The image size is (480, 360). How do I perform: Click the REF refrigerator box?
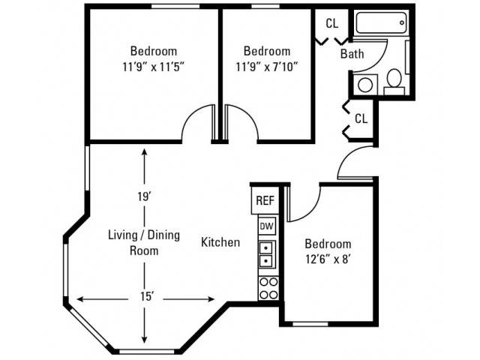click(x=265, y=200)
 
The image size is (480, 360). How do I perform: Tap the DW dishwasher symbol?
click(x=267, y=226)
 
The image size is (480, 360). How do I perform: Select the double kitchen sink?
click(x=267, y=254)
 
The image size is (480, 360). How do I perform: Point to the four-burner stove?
click(x=268, y=288)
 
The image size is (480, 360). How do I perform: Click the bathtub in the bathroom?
click(x=382, y=23)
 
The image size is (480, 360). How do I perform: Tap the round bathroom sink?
click(x=365, y=85)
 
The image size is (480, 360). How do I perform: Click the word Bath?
click(x=352, y=54)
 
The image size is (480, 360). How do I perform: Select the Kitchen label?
click(x=220, y=242)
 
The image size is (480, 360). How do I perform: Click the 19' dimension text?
click(x=145, y=196)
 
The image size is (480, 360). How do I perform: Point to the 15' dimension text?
click(x=147, y=296)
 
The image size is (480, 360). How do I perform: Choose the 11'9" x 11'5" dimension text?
click(x=154, y=67)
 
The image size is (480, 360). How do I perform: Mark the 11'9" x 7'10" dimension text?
click(x=267, y=67)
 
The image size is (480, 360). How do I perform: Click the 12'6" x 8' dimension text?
click(x=328, y=259)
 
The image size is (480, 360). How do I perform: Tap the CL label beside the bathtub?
click(x=332, y=23)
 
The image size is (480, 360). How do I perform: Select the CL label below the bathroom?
click(x=361, y=118)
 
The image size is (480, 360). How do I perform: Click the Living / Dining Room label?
click(x=144, y=243)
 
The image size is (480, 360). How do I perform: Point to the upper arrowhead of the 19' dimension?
click(x=145, y=152)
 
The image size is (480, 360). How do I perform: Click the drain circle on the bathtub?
click(x=402, y=22)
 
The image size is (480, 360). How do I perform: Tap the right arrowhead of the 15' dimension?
click(x=211, y=299)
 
